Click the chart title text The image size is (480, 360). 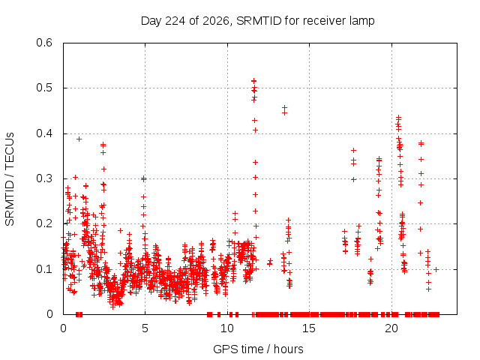pos(257,21)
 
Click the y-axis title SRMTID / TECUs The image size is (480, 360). pos(10,179)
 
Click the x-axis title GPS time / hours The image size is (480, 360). pos(258,349)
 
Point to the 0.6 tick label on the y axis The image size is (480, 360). pos(44,43)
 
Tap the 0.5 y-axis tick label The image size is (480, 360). pos(44,88)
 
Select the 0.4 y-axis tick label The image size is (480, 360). pos(44,133)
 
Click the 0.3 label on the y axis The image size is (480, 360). pos(44,178)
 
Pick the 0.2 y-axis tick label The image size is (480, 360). pos(44,223)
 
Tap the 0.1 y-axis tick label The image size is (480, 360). pos(44,269)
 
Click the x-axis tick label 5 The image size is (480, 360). pos(145,328)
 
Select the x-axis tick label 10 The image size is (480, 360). pos(226,328)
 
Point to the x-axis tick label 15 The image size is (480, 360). pos(309,328)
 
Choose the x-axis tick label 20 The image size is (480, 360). pos(391,328)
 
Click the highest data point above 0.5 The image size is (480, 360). pos(253,81)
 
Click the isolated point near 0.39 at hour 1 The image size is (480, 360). pos(79,139)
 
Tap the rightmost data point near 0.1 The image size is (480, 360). pos(436,269)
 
